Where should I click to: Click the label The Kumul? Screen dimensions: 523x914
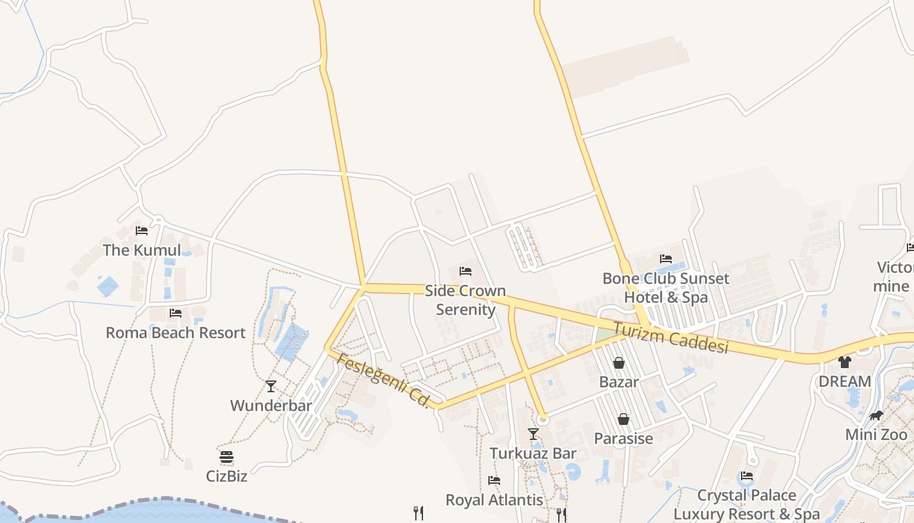coord(142,250)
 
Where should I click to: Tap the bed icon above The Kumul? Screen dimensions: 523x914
coord(142,231)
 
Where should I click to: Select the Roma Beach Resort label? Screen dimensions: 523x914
coord(176,333)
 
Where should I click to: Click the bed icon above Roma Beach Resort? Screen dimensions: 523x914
coord(176,313)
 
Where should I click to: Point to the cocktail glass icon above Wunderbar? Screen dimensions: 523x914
coord(271,386)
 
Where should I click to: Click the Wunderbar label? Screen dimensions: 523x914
coord(271,405)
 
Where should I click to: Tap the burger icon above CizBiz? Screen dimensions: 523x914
coord(227,457)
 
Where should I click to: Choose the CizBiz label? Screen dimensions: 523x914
coord(227,476)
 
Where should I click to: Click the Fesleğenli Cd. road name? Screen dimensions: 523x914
coord(383,380)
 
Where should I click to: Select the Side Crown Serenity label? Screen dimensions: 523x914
coord(465,300)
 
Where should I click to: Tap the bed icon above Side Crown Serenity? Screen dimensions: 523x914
coord(465,271)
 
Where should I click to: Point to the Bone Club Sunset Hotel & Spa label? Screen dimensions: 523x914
coord(666,288)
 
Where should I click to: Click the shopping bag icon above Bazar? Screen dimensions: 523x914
coord(619,363)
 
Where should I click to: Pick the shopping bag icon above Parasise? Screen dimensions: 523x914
coord(623,419)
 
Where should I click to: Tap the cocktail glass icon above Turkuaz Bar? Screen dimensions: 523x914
coord(533,434)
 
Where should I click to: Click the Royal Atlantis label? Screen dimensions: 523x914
coord(494,500)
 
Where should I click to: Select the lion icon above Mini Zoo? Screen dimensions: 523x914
coord(876,416)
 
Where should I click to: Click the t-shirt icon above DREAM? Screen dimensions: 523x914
coord(845,362)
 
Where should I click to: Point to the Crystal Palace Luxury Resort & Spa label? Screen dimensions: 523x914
coord(746,505)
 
